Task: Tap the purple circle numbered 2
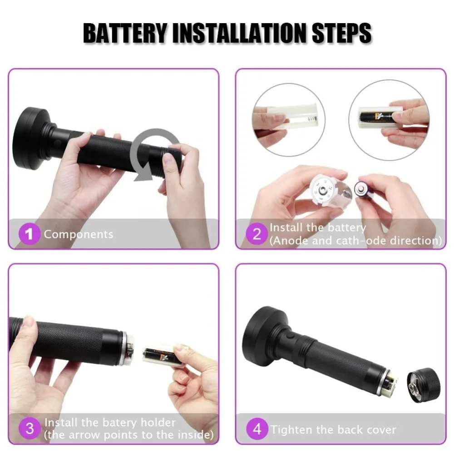point(257,235)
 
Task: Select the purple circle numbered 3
point(30,429)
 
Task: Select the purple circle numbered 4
point(257,429)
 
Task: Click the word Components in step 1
point(78,235)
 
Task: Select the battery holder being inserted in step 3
point(161,355)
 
